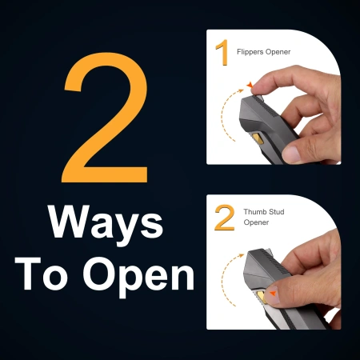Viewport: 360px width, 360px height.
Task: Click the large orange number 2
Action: pos(106,118)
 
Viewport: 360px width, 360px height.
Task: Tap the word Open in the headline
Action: pos(138,277)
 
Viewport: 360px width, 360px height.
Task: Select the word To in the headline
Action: pos(42,274)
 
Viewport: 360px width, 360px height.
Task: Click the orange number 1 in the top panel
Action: pos(222,52)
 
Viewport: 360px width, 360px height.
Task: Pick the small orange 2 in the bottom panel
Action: pos(225,218)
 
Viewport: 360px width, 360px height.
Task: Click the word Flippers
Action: pos(250,52)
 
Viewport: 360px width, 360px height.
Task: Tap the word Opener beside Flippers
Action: pos(278,52)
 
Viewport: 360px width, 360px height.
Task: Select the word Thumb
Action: pos(254,212)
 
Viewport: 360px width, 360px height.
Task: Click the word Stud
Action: pos(275,212)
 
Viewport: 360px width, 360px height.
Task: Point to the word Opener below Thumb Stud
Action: pos(256,222)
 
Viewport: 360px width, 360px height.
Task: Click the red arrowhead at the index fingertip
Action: pos(250,86)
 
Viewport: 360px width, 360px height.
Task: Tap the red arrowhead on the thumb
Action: pos(273,294)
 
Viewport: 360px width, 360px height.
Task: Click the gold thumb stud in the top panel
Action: pos(257,138)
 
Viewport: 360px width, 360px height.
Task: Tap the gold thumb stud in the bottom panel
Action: pos(261,298)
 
